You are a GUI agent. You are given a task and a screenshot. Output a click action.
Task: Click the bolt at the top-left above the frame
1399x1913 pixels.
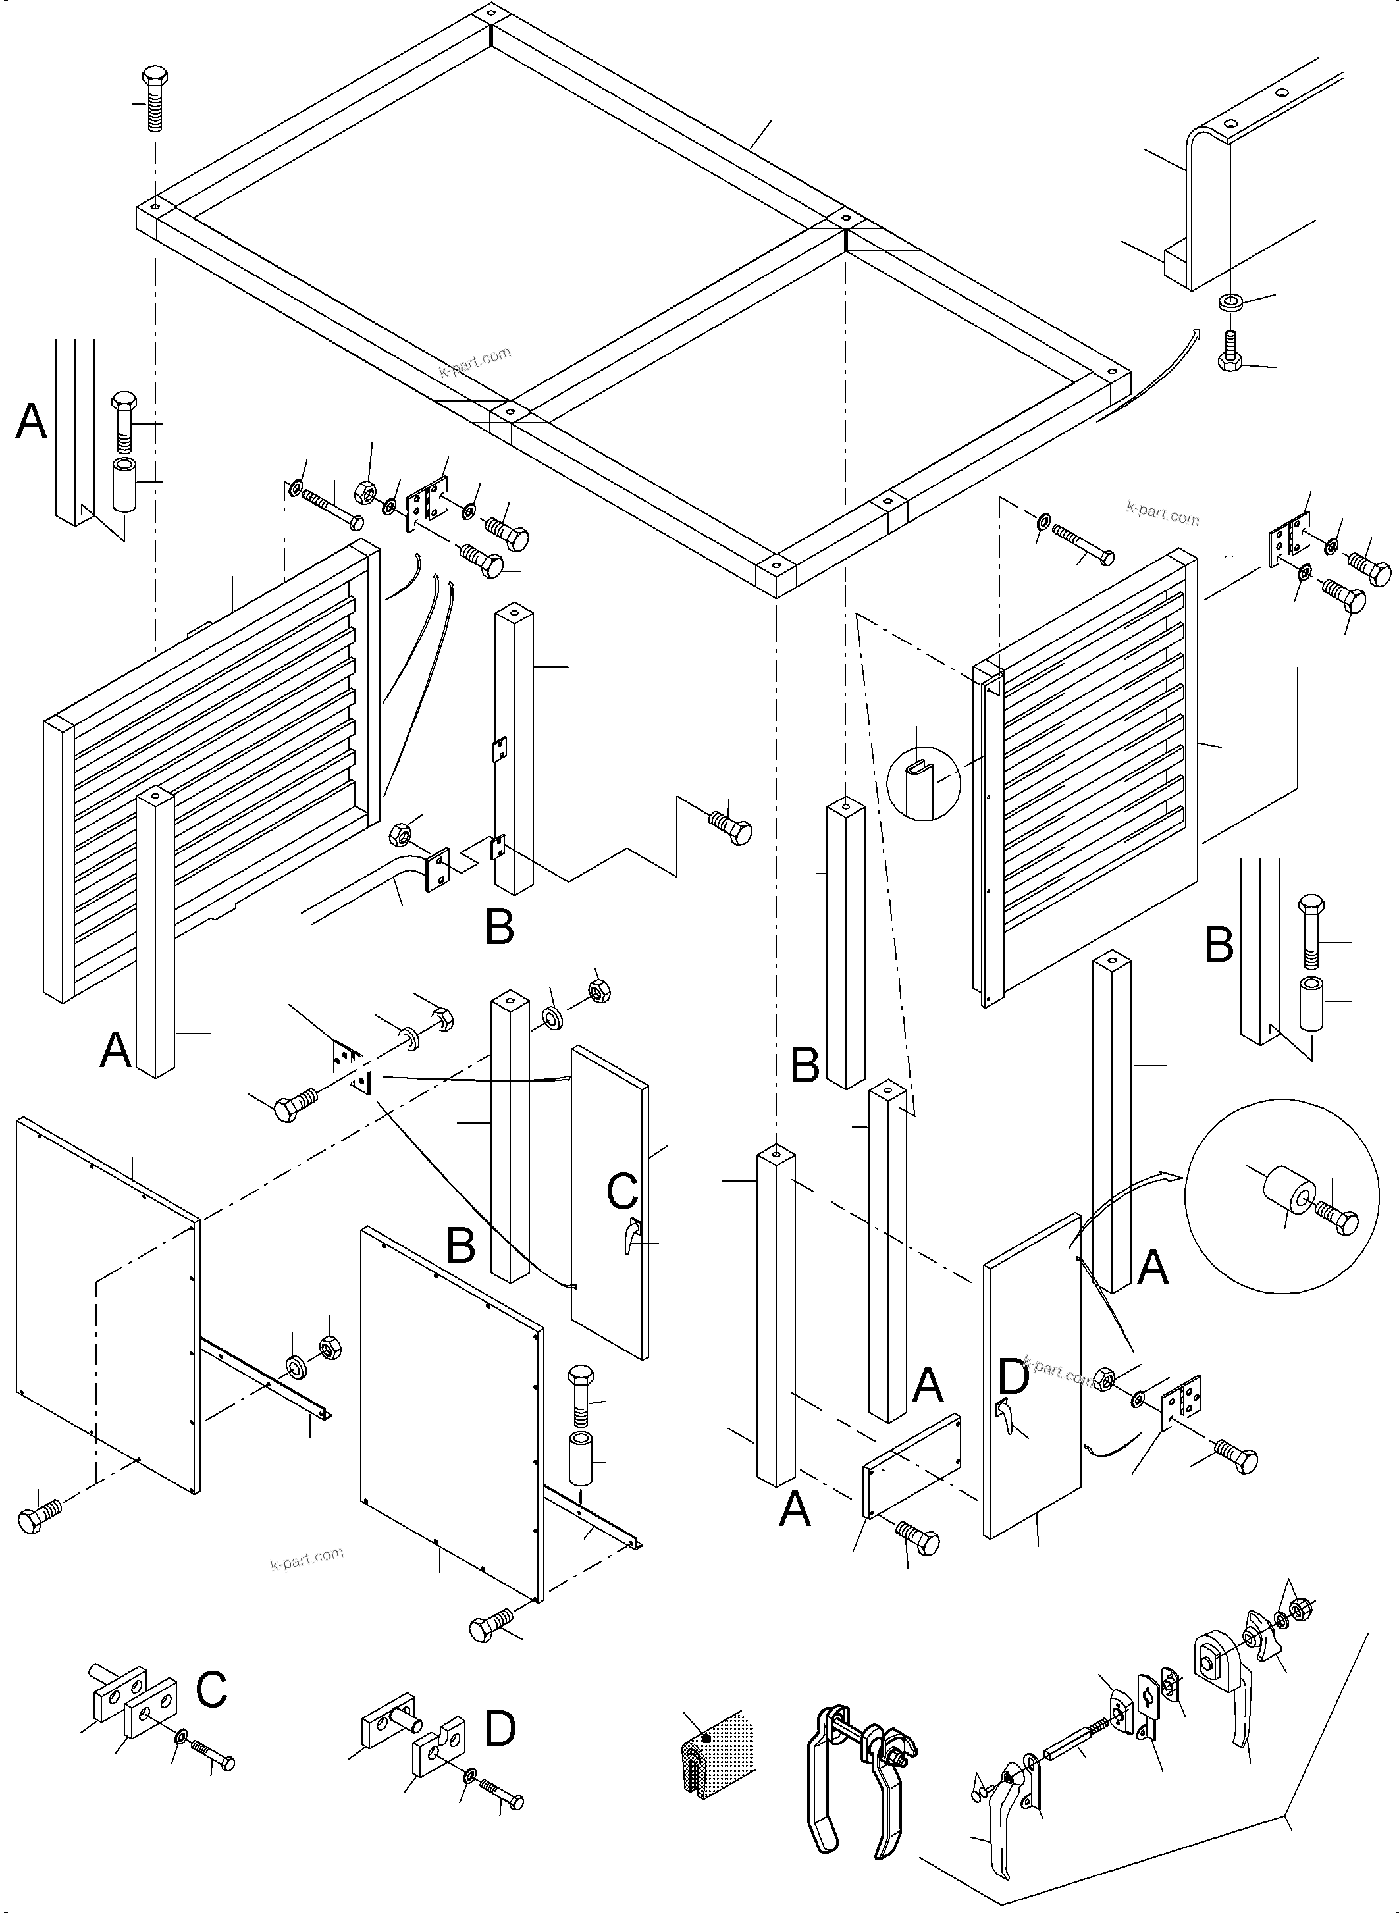(x=153, y=97)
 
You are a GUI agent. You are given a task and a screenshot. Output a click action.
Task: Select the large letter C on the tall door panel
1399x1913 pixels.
(x=621, y=1192)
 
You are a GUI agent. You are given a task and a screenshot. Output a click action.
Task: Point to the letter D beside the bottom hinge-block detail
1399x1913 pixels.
(x=500, y=1729)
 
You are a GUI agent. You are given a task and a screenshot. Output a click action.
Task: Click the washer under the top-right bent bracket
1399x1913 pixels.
(x=1230, y=301)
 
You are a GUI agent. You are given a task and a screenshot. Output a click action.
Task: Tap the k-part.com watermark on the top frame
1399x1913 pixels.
(x=475, y=363)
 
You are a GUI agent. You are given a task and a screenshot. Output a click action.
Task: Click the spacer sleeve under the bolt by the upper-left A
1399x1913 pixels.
(x=124, y=485)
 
